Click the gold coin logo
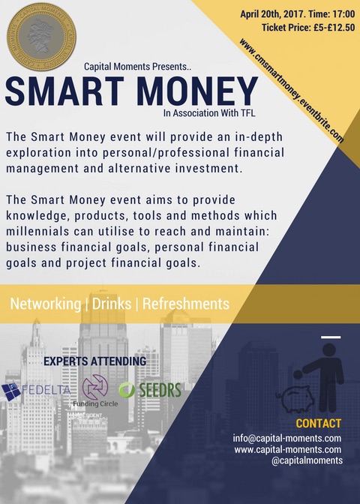click(42, 37)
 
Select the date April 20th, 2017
click(272, 15)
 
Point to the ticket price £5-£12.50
click(334, 28)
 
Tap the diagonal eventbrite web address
click(291, 91)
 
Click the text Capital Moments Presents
click(137, 67)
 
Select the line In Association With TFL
click(209, 113)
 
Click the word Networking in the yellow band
click(45, 304)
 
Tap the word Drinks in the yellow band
click(112, 304)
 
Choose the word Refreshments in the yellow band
click(186, 304)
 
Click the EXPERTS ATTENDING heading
click(94, 361)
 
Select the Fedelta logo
click(36, 391)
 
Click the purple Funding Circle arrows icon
click(95, 387)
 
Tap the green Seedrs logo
click(150, 390)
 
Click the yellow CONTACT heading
click(319, 423)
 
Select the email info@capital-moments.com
click(287, 439)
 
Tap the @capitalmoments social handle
click(307, 460)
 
